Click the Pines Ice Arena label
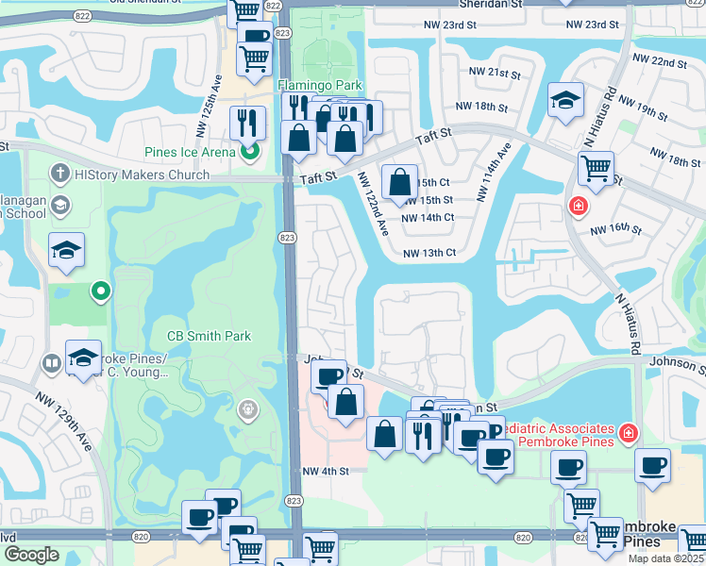192,151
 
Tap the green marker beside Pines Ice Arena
250,150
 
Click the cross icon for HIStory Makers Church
60,173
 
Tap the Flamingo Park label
320,85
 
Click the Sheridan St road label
496,5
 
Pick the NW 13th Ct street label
429,253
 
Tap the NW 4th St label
326,471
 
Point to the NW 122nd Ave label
373,203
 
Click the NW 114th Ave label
494,173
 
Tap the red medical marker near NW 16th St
576,205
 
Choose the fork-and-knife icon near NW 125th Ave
247,121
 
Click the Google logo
31,555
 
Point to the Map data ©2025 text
666,558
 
